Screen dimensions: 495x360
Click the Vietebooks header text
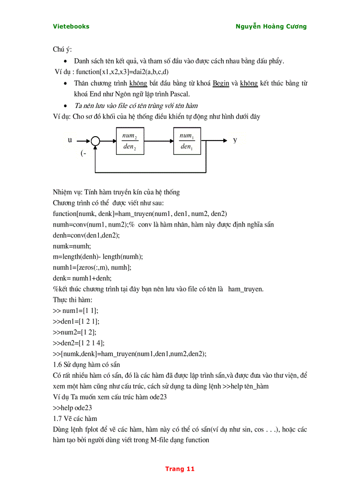(71, 26)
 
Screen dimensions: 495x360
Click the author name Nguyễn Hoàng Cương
(271, 26)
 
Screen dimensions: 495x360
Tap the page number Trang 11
(180, 469)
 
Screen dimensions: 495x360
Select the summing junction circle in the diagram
(95, 141)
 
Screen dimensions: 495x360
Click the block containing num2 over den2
(130, 141)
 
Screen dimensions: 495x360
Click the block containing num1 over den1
(187, 141)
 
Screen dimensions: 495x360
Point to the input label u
(70, 140)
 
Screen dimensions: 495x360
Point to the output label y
(235, 140)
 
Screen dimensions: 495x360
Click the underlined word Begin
(221, 83)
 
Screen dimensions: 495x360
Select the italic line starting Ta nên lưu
(135, 105)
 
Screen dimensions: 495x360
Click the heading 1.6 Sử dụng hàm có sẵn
(86, 365)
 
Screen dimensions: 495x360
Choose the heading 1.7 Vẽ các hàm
(75, 418)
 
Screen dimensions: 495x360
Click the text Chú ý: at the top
(62, 49)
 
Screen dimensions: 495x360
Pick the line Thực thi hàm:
(73, 300)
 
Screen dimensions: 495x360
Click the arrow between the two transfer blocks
(158, 141)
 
